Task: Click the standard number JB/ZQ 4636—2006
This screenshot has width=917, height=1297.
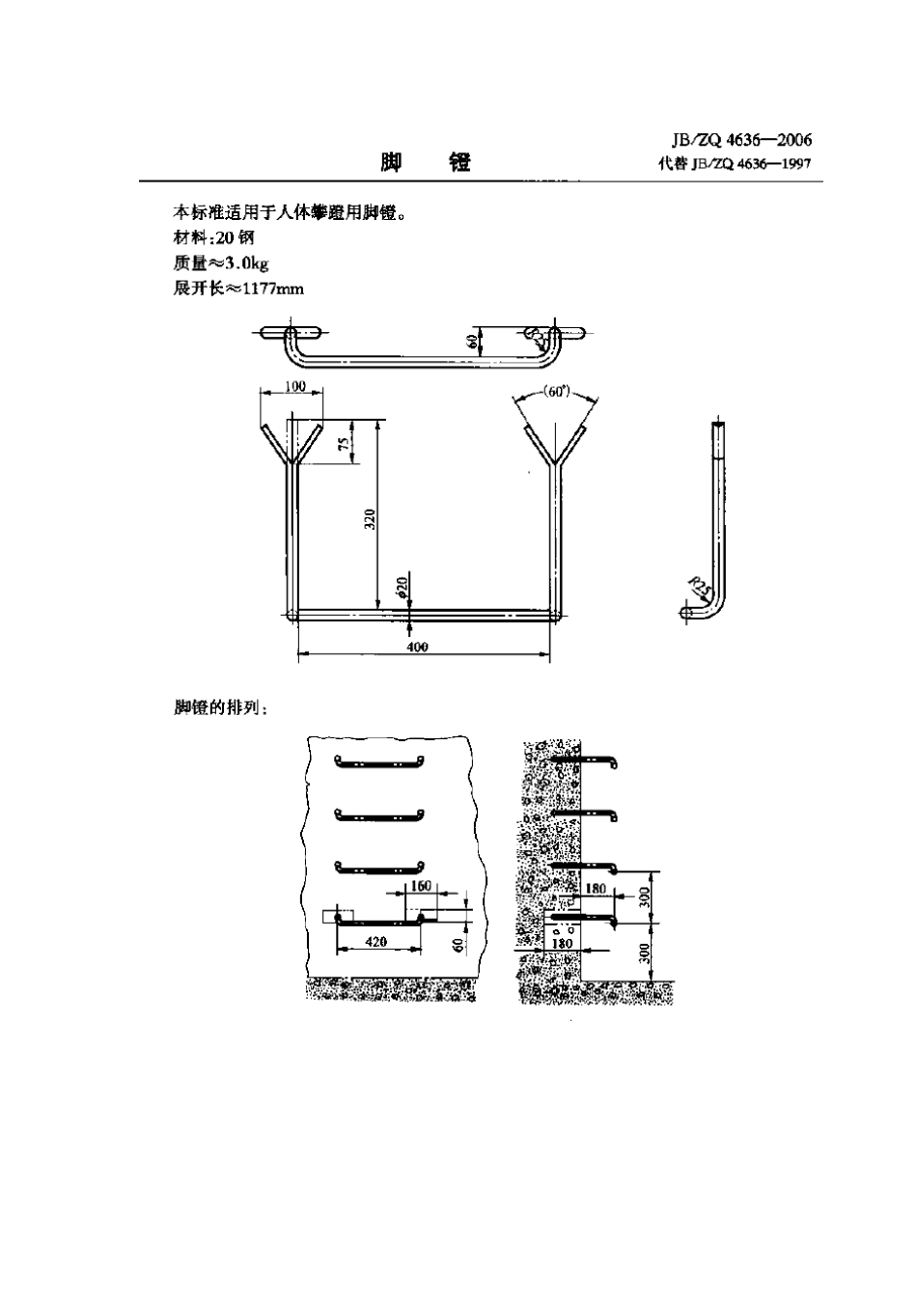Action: click(x=735, y=141)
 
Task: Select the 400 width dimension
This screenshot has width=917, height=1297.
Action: click(x=418, y=647)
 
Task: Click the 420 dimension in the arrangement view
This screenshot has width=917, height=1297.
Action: click(x=376, y=941)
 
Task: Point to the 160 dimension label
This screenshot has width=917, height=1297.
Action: click(x=421, y=885)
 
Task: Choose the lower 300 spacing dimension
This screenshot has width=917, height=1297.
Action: click(x=644, y=953)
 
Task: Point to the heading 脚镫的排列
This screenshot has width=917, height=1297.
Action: click(x=221, y=707)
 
